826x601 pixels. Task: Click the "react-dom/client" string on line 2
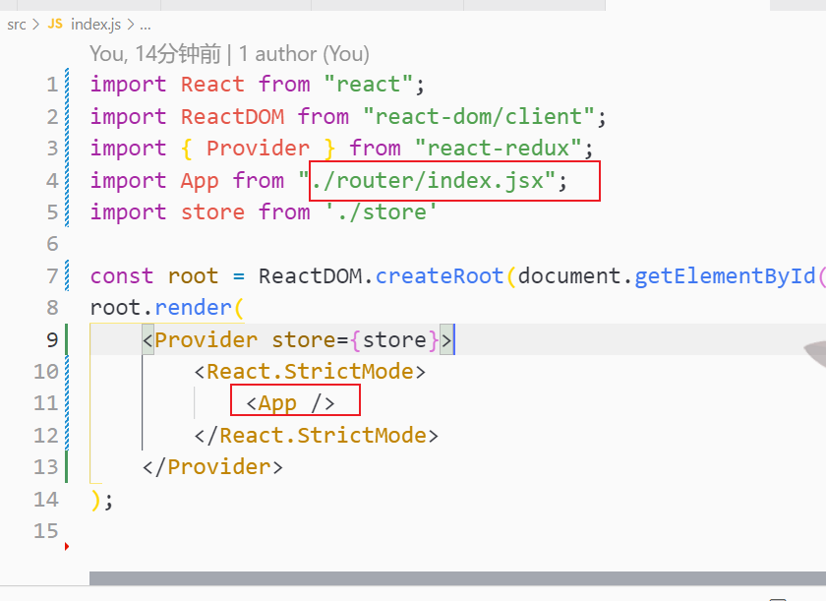click(479, 117)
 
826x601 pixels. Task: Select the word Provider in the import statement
click(258, 149)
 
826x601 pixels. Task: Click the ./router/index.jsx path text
click(434, 181)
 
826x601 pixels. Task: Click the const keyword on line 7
click(122, 276)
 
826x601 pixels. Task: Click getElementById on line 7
click(724, 276)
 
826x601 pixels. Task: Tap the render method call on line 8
click(200, 308)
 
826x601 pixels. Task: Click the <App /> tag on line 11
click(291, 403)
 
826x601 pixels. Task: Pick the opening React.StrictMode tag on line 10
click(310, 372)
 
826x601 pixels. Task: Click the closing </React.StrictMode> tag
click(317, 436)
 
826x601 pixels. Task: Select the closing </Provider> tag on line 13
click(212, 467)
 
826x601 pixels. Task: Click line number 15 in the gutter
click(46, 531)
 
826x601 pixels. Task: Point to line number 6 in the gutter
click(52, 244)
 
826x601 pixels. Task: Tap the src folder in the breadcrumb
click(17, 24)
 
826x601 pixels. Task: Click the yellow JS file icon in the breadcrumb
click(55, 24)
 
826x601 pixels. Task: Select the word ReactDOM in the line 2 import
click(232, 117)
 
